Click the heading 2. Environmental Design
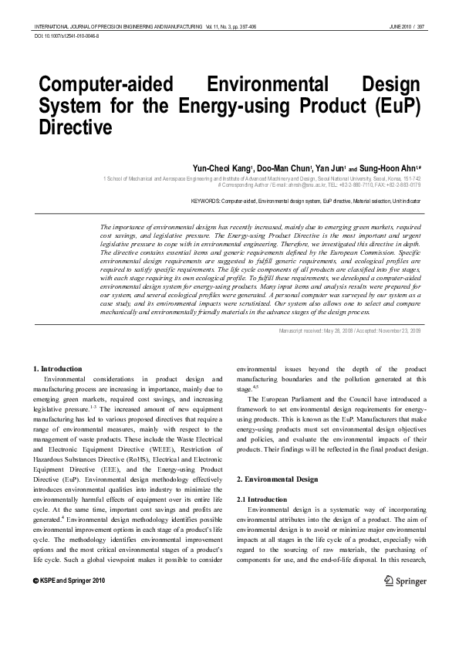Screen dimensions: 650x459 276,479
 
